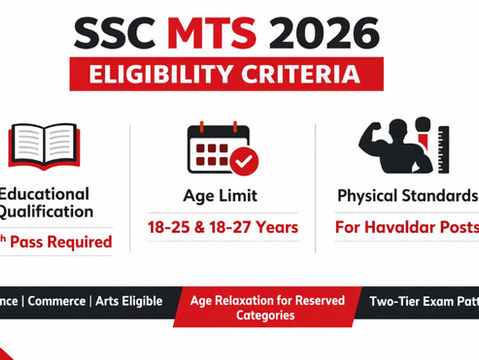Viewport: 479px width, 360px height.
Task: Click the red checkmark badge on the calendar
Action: point(243,161)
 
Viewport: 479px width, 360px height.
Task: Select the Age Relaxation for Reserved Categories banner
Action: point(266,307)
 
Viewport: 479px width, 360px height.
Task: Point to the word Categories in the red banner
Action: point(266,315)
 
